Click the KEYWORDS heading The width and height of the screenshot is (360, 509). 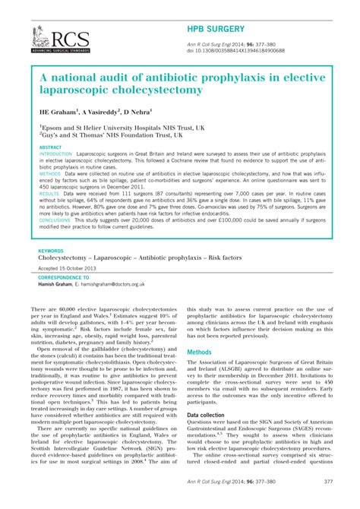coord(51,250)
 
